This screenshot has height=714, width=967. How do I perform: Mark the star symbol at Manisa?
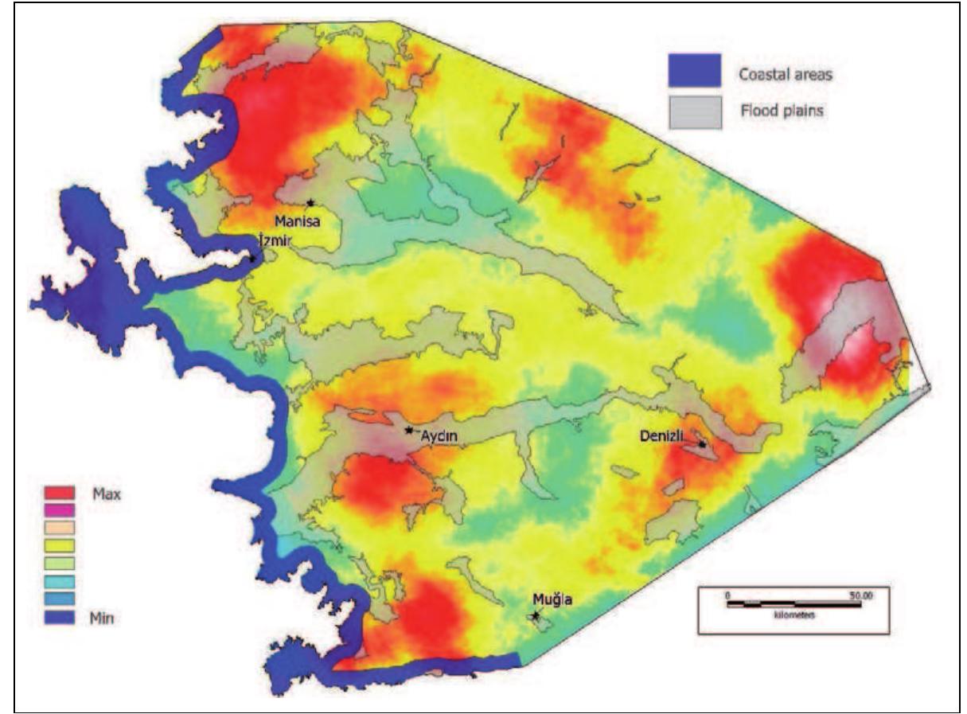coord(310,202)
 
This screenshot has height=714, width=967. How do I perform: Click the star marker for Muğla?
coord(536,615)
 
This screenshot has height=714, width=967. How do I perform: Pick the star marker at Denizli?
coord(702,444)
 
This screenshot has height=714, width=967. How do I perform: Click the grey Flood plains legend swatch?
coord(694,111)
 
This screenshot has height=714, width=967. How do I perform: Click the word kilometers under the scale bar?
coord(793,615)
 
